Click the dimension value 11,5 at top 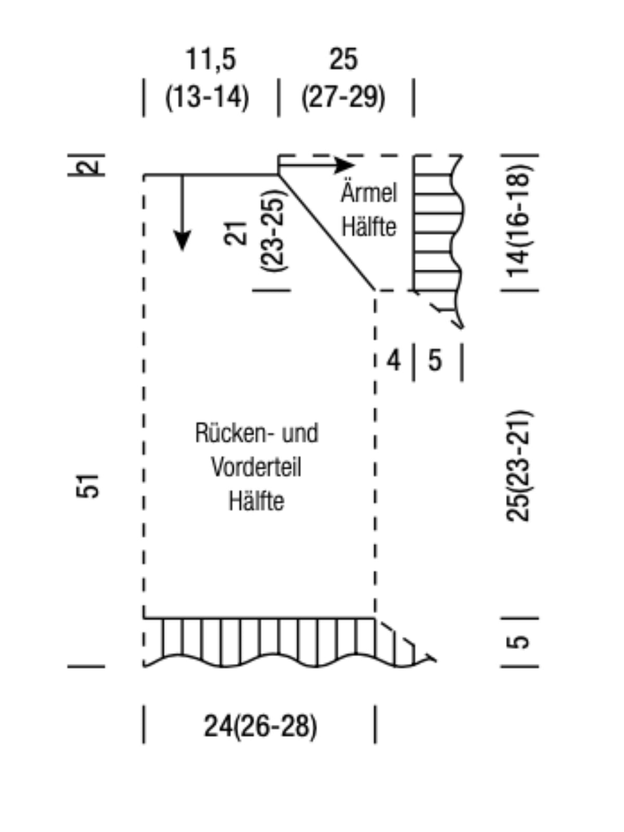(x=211, y=59)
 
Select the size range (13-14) (x=207, y=97)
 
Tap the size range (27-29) (x=343, y=97)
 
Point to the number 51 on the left (x=87, y=486)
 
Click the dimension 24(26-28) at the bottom (x=261, y=726)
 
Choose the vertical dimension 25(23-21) (x=518, y=466)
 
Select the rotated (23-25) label (x=274, y=231)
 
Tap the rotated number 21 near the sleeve (x=235, y=233)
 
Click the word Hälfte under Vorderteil (x=256, y=501)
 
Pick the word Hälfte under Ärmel (x=369, y=226)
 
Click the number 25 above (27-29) (x=343, y=59)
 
